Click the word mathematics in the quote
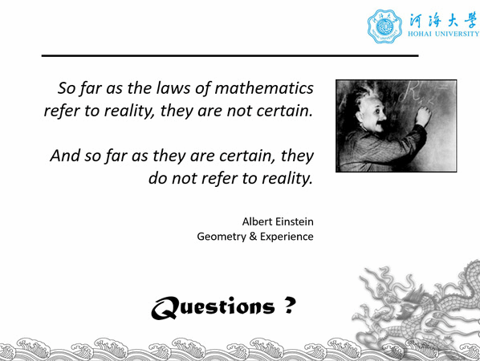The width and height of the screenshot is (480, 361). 264,88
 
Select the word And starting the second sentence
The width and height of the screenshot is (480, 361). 65,156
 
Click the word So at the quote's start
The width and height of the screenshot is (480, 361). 67,88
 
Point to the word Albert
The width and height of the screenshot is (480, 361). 256,221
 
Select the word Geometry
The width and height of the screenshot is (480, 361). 222,237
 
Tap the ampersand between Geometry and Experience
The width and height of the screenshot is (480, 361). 253,237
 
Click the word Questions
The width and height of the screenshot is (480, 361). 213,307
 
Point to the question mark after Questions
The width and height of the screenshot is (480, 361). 290,306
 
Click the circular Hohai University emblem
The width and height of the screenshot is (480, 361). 384,26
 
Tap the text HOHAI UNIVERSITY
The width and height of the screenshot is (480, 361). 443,34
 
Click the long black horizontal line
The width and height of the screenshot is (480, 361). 230,55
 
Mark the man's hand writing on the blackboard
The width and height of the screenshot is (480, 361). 423,115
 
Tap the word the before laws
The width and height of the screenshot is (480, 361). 140,88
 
